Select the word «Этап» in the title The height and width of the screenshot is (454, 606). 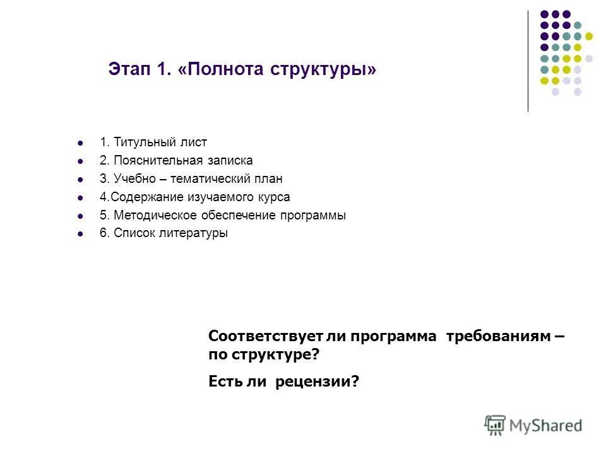pos(128,67)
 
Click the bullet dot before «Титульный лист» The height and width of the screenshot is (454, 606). pos(80,143)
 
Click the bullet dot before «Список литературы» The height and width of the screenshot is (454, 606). pos(80,233)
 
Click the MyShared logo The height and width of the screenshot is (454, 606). pos(533,425)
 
